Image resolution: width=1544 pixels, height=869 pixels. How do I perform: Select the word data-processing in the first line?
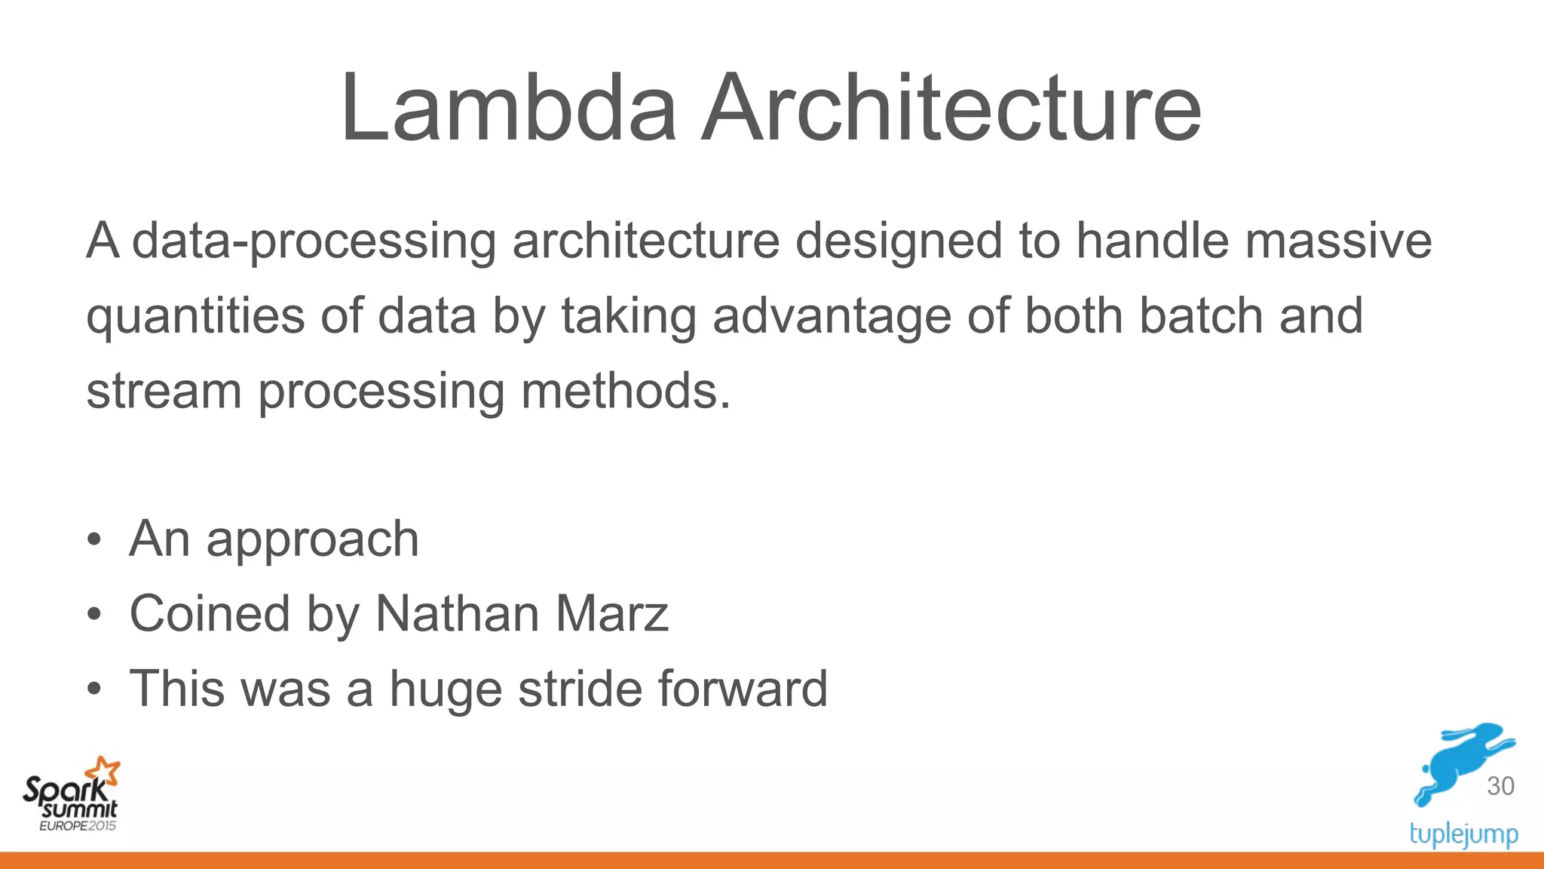[314, 241]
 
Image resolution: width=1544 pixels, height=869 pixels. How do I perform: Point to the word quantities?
[195, 316]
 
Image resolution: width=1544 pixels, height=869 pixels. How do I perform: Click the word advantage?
[832, 316]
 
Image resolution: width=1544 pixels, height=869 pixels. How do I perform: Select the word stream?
[164, 391]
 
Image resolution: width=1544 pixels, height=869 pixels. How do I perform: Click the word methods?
[626, 391]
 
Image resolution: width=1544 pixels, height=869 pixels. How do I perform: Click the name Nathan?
[458, 613]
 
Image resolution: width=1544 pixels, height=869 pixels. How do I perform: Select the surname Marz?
[612, 613]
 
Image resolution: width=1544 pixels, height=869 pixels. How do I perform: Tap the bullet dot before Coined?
[93, 615]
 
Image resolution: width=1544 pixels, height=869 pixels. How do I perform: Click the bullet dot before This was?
[93, 689]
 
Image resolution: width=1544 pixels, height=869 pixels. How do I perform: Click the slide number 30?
[1500, 786]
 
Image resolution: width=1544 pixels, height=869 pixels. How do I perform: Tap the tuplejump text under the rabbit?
[1463, 835]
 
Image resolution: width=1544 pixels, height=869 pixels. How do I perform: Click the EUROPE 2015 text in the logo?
[78, 826]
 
